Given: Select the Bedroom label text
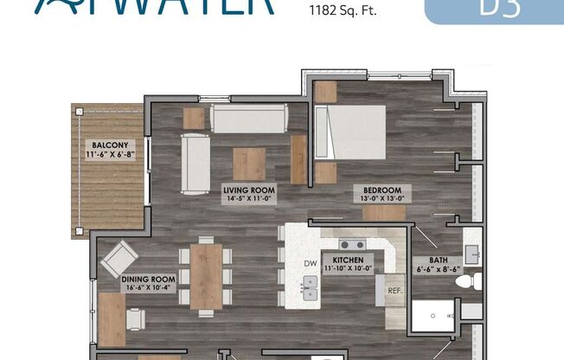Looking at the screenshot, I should [x=381, y=194].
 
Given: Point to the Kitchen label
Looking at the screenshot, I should [x=348, y=263].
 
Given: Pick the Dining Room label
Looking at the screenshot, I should [x=149, y=284].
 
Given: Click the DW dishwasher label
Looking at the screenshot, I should [x=310, y=263].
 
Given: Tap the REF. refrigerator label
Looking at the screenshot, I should [x=395, y=291].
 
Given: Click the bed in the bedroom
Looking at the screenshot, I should [x=351, y=132].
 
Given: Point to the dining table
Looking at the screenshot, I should [x=206, y=275].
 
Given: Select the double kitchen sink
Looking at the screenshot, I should [x=310, y=288].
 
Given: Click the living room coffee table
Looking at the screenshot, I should [x=249, y=164].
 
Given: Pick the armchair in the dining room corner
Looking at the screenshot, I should [x=119, y=258].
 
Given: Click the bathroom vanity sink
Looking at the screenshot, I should [x=472, y=254].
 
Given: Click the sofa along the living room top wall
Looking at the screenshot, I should [x=249, y=119].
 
